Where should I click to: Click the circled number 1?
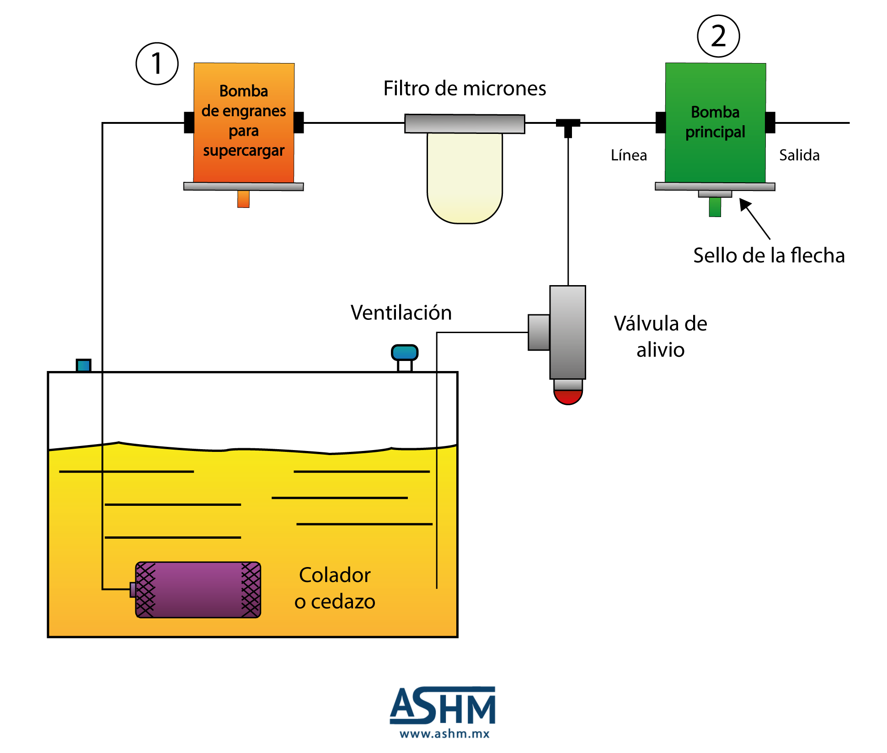(157, 64)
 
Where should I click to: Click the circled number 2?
(718, 36)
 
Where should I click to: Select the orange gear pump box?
(244, 123)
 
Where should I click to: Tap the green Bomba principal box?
(716, 123)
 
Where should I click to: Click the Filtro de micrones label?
(465, 88)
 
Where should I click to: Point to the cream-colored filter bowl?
(465, 178)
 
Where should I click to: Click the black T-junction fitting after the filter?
(568, 127)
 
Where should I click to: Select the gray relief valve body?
(567, 332)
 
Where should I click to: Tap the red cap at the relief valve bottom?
(568, 397)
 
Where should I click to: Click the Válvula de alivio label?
(660, 336)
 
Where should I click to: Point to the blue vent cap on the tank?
(405, 352)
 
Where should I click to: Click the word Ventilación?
(401, 313)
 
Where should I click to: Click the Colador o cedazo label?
(335, 588)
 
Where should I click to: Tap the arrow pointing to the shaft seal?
(755, 219)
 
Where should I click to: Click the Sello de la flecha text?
(769, 255)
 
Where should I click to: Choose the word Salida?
(799, 155)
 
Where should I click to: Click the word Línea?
(629, 155)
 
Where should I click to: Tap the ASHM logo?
(443, 705)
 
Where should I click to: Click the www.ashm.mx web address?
(444, 734)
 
